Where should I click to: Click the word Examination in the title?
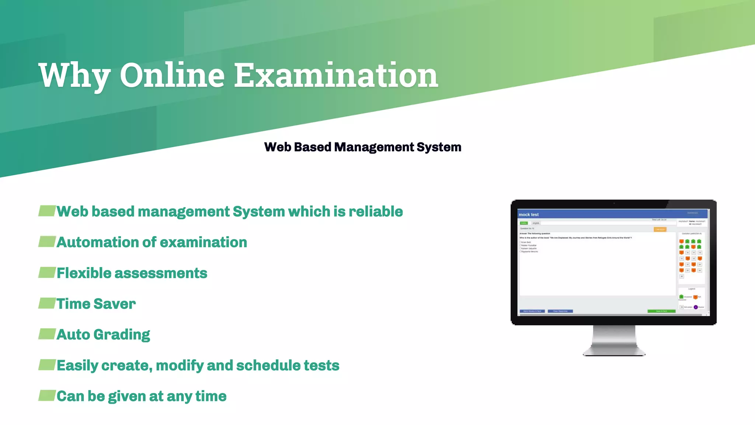pyautogui.click(x=336, y=76)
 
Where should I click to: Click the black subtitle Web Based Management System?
pyautogui.click(x=362, y=147)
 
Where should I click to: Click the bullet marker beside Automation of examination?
pyautogui.click(x=47, y=242)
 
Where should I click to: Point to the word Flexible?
pyautogui.click(x=84, y=273)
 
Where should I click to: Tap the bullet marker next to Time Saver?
pyautogui.click(x=47, y=303)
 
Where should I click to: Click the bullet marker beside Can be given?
pyautogui.click(x=47, y=395)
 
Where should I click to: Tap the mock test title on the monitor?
pyautogui.click(x=528, y=215)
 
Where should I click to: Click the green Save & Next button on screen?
pyautogui.click(x=661, y=311)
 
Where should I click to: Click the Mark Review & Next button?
pyautogui.click(x=532, y=311)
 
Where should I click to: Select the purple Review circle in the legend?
pyautogui.click(x=696, y=307)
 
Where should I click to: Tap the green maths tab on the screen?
pyautogui.click(x=523, y=223)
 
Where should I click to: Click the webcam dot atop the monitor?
pyautogui.click(x=614, y=203)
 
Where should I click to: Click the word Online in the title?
pyautogui.click(x=172, y=76)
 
